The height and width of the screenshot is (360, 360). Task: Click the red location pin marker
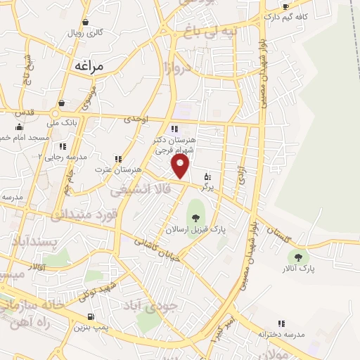(181, 166)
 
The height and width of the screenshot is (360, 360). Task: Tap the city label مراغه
(88, 65)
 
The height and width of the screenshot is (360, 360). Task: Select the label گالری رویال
(85, 32)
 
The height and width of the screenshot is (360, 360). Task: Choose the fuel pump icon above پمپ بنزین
(90, 316)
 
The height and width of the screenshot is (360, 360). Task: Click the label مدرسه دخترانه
(281, 334)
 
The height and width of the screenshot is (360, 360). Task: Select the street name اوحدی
(137, 120)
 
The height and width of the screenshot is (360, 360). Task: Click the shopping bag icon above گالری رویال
(85, 22)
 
